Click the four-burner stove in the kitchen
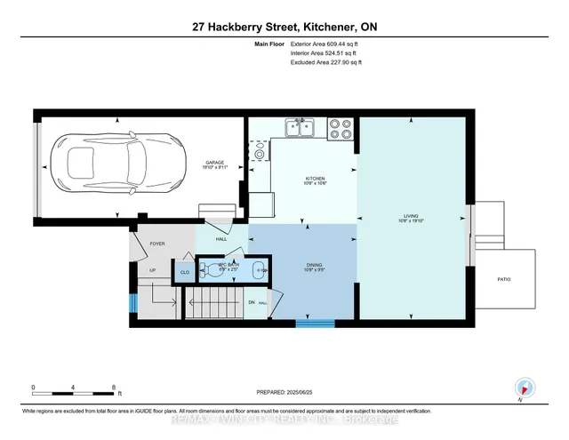[341, 129]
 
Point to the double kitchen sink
[300, 130]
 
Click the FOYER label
[157, 243]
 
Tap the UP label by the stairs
[152, 270]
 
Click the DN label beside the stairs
[251, 303]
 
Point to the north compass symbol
[524, 388]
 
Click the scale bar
[75, 389]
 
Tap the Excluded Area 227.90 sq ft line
[326, 62]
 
